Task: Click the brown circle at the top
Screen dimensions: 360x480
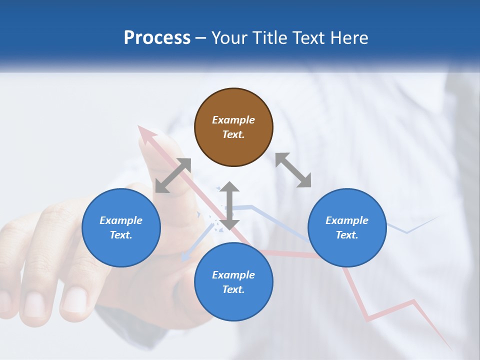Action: [x=233, y=127]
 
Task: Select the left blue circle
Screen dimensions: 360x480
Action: [x=121, y=227]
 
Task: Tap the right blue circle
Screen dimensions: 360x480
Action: [x=347, y=227]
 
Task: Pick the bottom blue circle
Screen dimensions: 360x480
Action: [x=233, y=282]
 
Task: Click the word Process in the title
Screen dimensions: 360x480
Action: [x=157, y=38]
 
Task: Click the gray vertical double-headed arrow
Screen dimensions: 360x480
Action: [x=229, y=205]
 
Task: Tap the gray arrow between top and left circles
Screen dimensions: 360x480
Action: [x=173, y=175]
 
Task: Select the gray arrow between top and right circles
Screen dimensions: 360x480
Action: [x=293, y=170]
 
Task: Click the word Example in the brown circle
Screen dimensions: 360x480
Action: [x=233, y=120]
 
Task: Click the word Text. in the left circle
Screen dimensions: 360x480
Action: [x=121, y=235]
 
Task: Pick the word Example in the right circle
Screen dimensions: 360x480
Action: [x=347, y=220]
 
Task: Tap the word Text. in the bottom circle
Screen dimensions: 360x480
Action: [x=233, y=289]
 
